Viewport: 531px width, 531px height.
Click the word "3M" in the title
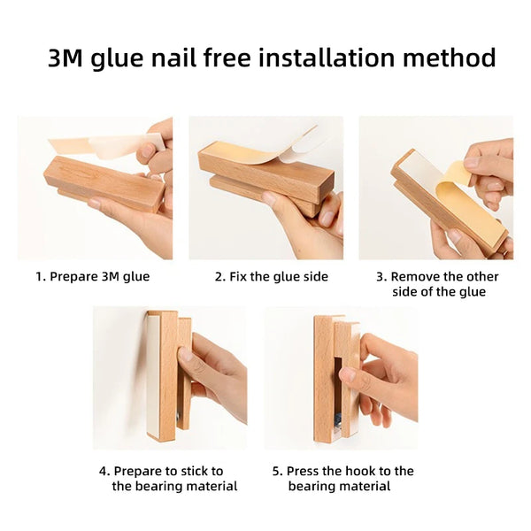click(x=68, y=58)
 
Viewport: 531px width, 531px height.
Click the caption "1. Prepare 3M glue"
click(x=93, y=277)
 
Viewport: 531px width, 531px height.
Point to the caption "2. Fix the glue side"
click(x=271, y=277)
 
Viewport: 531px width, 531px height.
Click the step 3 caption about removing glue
click(x=437, y=284)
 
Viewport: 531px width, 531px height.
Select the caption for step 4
click(x=168, y=479)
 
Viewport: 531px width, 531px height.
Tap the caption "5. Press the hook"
click(x=342, y=479)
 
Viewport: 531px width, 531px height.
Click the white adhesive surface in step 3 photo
click(x=425, y=181)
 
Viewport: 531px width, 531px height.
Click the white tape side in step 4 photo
click(x=152, y=372)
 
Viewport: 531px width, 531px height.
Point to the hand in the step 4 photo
click(x=212, y=372)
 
